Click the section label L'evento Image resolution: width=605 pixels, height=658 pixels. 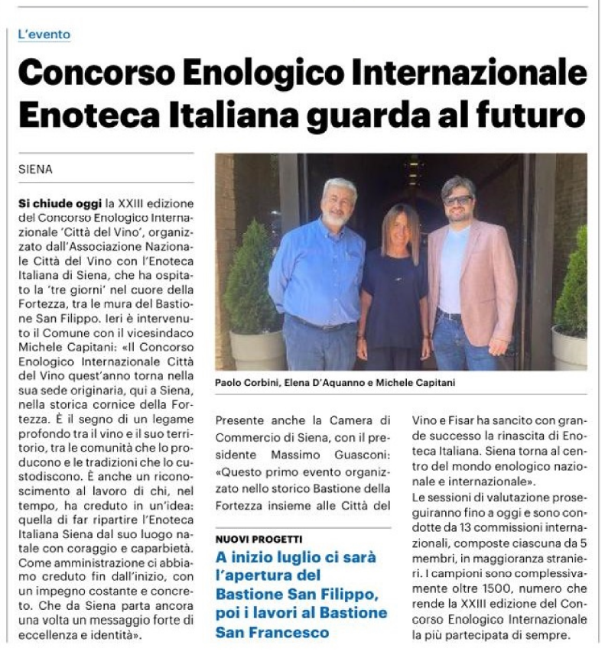pyautogui.click(x=44, y=35)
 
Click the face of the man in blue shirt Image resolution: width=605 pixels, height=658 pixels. pyautogui.click(x=337, y=205)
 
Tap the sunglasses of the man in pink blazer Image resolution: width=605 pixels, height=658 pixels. pyautogui.click(x=459, y=200)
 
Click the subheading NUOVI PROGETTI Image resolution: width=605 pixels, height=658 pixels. pyautogui.click(x=259, y=540)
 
